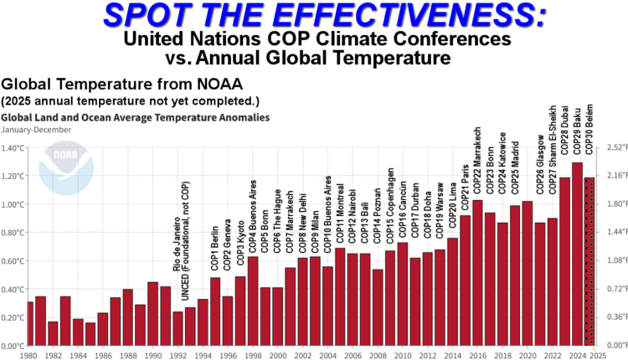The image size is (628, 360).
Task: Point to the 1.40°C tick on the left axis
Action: [x=13, y=148]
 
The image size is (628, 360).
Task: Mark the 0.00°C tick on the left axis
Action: [x=13, y=346]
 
